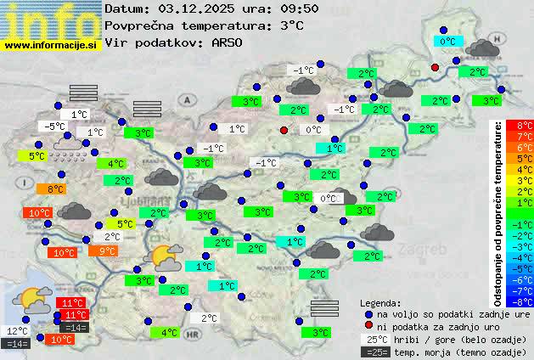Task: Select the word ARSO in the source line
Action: [231, 42]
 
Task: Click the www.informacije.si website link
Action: [51, 44]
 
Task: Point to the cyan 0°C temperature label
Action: [448, 41]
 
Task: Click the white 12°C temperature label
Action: [17, 331]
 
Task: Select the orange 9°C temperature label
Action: [107, 251]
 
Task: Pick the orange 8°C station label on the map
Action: [55, 189]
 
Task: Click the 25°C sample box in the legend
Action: [375, 339]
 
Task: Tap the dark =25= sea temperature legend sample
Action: [375, 352]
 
